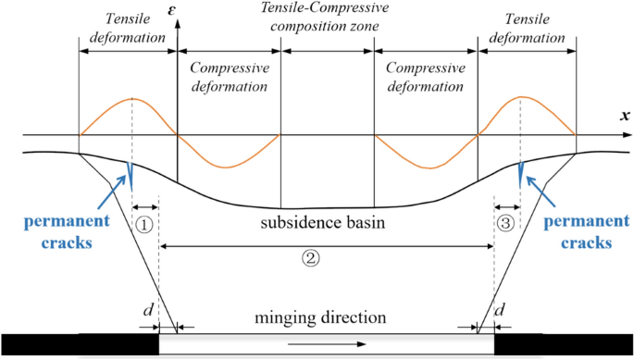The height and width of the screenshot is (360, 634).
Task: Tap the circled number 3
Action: coord(503,224)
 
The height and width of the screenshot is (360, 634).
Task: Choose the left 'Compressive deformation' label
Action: coord(229,78)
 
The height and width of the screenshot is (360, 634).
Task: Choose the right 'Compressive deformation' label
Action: coord(425,78)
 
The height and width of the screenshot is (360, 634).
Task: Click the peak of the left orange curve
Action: coord(133,98)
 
